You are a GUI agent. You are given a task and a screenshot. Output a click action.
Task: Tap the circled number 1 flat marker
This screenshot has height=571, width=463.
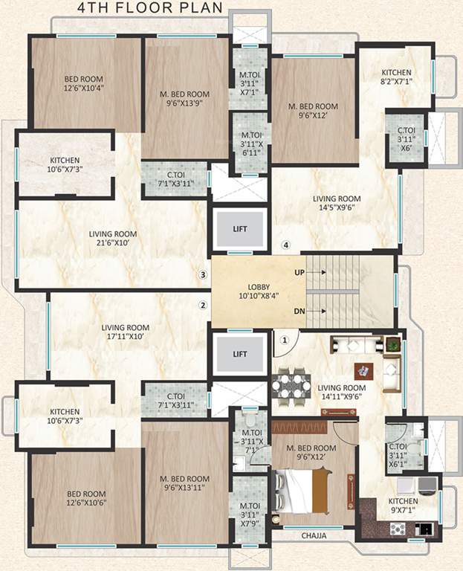[283, 341]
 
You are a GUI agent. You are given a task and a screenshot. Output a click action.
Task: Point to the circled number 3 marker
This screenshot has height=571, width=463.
[201, 274]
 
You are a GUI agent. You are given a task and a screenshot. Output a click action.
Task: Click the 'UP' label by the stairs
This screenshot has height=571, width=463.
[300, 273]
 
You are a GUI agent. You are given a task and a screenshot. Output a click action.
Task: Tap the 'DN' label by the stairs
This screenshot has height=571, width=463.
[300, 311]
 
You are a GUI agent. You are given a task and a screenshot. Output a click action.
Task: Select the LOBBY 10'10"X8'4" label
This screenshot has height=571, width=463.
[259, 291]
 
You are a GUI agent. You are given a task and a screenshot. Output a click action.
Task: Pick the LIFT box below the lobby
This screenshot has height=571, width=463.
[239, 354]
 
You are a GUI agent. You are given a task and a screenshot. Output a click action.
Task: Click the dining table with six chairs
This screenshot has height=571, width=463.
[292, 385]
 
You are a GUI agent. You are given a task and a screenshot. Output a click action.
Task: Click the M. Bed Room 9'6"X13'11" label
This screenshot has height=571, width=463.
[187, 483]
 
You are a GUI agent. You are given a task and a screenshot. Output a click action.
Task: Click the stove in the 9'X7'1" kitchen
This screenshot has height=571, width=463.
[398, 529]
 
